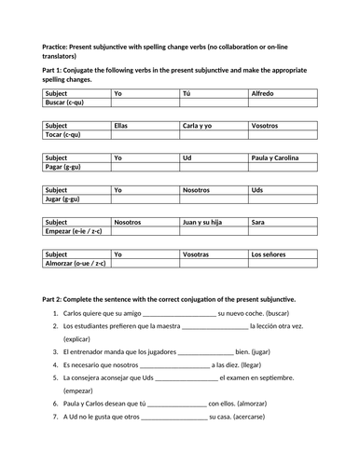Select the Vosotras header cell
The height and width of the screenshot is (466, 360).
(x=196, y=254)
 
